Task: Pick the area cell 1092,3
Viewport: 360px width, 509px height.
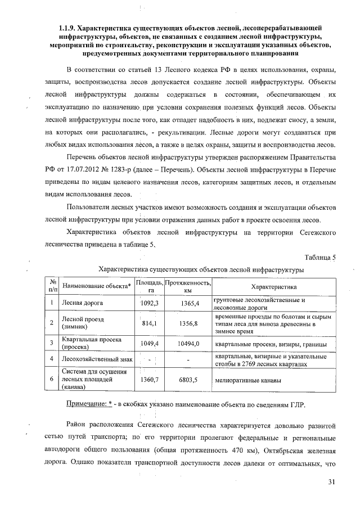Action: (x=150, y=304)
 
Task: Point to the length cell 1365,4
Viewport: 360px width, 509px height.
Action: (x=188, y=304)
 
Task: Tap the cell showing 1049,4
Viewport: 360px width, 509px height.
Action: (x=150, y=343)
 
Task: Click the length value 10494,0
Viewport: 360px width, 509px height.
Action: (x=188, y=343)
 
